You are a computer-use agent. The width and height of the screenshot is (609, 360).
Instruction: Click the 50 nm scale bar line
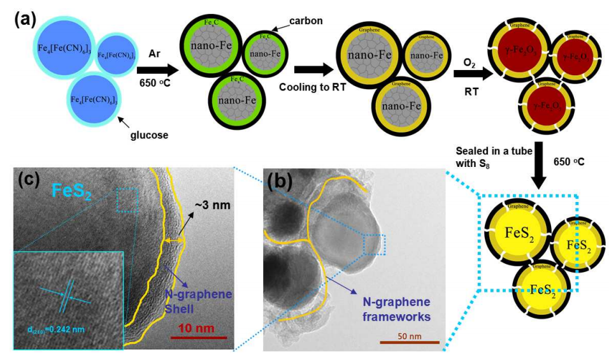409,342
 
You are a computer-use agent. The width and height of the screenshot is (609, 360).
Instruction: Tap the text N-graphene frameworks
396,308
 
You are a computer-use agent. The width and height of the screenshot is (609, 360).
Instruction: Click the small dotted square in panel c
127,203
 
